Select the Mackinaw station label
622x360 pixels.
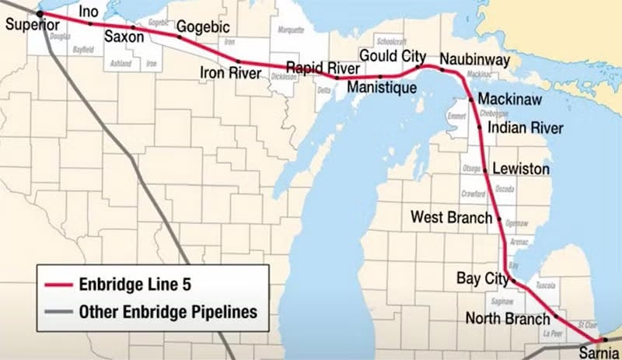tap(510, 100)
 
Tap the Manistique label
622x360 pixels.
tap(382, 88)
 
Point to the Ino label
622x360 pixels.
tap(89, 12)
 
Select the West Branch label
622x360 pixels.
tap(452, 218)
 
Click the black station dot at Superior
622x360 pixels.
tap(40, 14)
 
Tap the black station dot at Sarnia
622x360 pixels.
tap(604, 341)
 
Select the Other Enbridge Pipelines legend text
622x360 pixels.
tap(168, 313)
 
